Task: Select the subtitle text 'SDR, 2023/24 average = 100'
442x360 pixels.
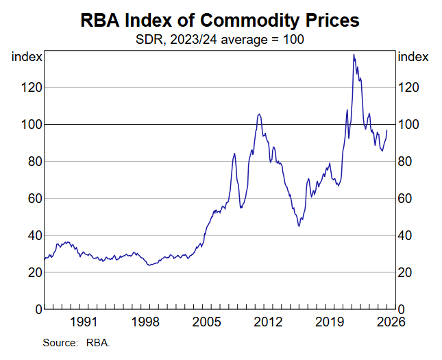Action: tap(221, 39)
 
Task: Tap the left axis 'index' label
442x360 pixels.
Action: tap(27, 57)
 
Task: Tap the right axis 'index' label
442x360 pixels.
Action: tap(413, 57)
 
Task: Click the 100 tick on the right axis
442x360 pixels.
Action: tap(409, 125)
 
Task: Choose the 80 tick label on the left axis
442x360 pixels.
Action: tap(31, 162)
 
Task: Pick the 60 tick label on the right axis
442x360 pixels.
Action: tap(406, 199)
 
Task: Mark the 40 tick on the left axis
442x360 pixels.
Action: tap(31, 236)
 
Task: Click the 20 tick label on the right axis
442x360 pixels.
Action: tap(406, 273)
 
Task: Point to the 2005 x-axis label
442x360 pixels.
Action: tap(206, 322)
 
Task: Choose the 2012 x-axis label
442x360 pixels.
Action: tap(268, 322)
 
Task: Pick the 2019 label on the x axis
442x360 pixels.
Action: tap(330, 322)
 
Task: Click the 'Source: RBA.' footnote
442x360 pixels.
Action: tap(76, 342)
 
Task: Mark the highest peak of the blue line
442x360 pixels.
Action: tap(353, 54)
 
